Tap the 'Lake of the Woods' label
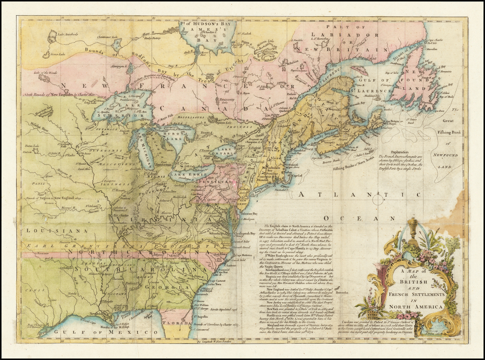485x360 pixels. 45,72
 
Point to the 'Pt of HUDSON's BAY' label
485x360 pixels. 207,24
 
